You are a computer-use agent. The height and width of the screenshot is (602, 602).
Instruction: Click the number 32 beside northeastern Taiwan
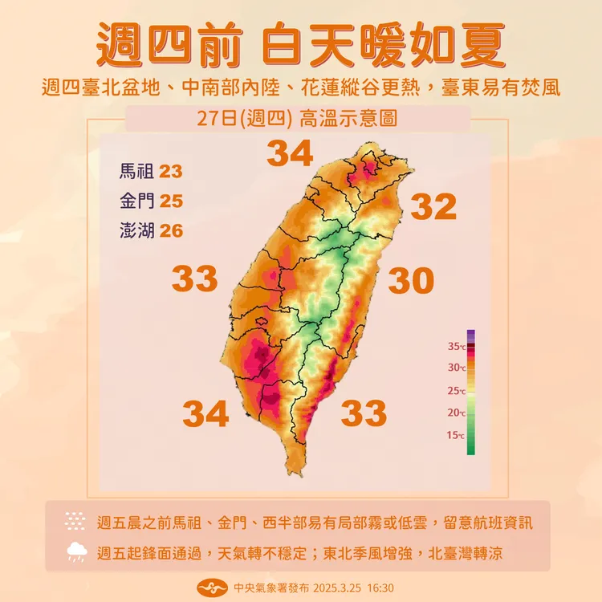point(434,207)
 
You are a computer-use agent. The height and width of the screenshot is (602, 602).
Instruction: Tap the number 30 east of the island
point(411,281)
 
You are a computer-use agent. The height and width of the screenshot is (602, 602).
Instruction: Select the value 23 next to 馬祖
point(171,171)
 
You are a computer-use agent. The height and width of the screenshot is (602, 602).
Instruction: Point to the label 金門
point(136,201)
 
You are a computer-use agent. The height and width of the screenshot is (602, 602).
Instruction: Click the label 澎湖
point(136,231)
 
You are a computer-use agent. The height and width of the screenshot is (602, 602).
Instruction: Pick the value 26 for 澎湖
point(171,231)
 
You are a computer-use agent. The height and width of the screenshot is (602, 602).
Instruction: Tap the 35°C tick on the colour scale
point(456,346)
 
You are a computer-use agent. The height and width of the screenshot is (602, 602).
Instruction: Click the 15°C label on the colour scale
point(456,435)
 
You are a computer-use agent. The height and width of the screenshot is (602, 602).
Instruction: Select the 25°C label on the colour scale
point(456,391)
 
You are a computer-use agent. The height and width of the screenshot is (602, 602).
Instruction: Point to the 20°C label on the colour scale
point(456,413)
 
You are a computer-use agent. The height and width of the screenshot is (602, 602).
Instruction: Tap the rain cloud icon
point(77,551)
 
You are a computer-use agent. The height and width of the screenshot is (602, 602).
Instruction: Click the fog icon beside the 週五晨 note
point(77,522)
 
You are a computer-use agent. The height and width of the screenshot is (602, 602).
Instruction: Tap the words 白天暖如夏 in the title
point(384,46)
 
